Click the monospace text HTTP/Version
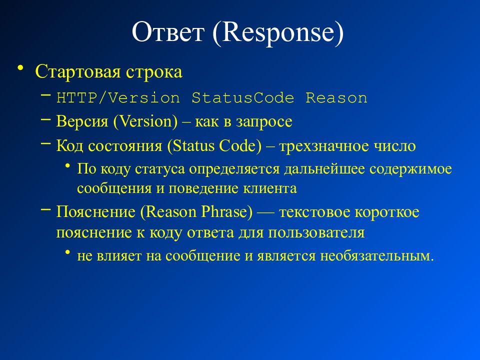coord(118,98)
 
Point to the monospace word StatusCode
coord(242,98)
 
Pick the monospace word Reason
coord(336,98)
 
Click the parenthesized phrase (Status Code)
coord(214,146)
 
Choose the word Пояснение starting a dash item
coord(95,212)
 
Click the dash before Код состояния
coord(45,143)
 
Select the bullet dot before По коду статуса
coord(68,165)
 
